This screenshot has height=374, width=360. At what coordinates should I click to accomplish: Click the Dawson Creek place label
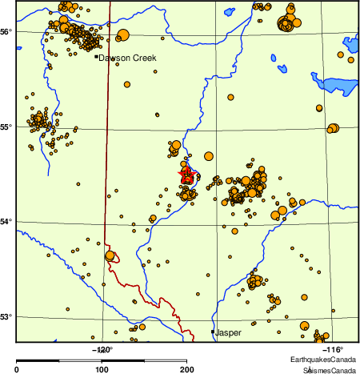[127, 58]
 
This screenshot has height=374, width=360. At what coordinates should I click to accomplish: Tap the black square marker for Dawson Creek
[96, 56]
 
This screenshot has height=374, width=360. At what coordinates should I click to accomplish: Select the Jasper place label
[229, 332]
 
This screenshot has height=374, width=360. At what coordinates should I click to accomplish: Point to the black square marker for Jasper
[213, 332]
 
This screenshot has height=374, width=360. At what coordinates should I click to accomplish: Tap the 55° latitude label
[6, 127]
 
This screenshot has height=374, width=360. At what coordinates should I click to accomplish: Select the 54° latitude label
[6, 221]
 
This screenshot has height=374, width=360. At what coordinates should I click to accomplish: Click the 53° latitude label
[6, 316]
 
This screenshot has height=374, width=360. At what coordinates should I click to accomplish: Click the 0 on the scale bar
[17, 369]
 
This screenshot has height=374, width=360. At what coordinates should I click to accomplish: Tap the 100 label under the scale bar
[102, 369]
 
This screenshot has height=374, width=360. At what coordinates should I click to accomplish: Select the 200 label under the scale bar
[186, 369]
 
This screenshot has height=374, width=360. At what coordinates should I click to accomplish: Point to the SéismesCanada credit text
[328, 370]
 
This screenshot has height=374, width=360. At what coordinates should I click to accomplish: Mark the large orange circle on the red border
[110, 255]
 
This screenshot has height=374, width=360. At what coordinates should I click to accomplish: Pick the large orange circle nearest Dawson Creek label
[122, 34]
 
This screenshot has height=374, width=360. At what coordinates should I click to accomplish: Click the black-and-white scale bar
[102, 361]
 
